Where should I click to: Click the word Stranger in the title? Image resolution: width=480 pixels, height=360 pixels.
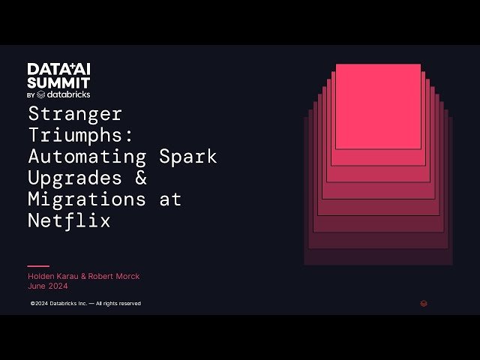(75, 115)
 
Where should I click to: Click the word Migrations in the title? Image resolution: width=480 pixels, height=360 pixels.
(87, 199)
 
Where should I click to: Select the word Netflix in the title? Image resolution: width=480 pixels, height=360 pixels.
(69, 221)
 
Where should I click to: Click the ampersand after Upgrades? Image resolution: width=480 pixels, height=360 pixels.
(141, 178)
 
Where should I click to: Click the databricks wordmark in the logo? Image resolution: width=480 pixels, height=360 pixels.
(68, 95)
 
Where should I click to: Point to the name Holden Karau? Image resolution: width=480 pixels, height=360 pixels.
(55, 277)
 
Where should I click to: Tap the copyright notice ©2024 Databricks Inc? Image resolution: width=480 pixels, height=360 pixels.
(85, 304)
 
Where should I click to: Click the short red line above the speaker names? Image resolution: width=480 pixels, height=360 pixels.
(38, 265)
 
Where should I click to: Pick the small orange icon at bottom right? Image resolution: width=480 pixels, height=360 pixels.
(424, 304)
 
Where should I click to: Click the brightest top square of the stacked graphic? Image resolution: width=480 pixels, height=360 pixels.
(378, 106)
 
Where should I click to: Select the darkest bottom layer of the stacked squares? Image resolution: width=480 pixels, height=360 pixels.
(378, 257)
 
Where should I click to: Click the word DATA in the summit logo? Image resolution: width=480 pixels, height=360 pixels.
(43, 69)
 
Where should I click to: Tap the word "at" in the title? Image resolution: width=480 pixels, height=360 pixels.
(169, 199)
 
